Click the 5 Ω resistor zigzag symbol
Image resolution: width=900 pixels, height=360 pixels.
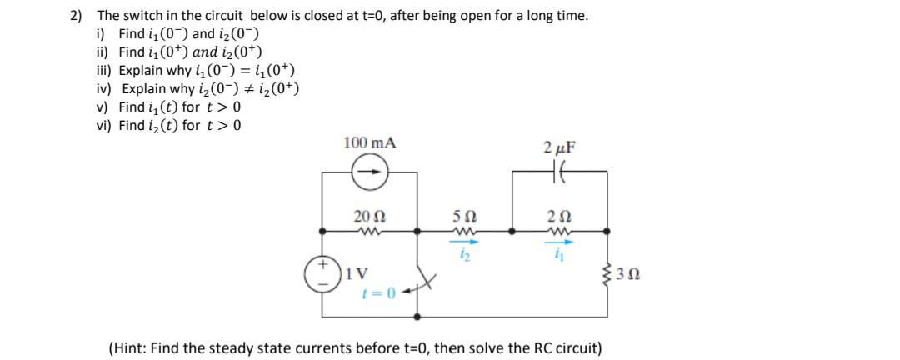[x=465, y=232]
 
